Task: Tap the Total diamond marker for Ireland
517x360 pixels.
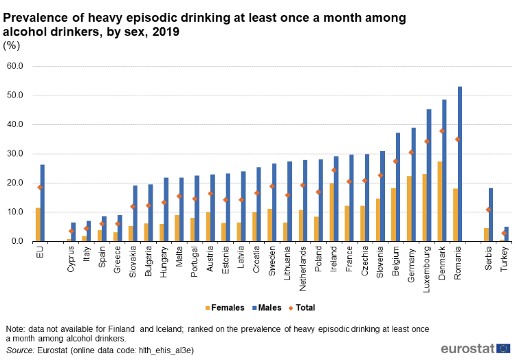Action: pos(334,170)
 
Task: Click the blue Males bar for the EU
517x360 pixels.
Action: pos(43,203)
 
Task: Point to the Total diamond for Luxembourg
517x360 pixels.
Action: pos(428,142)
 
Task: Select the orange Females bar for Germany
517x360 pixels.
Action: pos(409,208)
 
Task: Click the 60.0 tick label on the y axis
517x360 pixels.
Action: pos(14,67)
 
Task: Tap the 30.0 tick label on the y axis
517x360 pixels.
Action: pos(14,154)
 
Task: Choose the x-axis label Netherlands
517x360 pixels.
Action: pos(303,267)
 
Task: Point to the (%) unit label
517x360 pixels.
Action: pos(12,45)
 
